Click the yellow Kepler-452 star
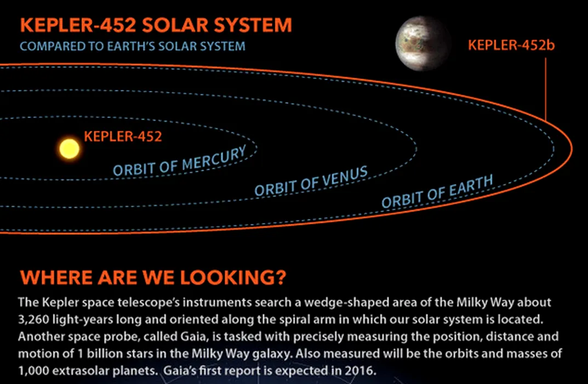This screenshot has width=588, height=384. [70, 149]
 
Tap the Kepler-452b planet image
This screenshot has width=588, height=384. [423, 43]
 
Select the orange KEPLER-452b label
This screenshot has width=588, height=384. [511, 45]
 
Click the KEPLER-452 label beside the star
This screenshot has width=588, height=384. [123, 136]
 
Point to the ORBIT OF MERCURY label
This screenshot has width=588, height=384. [180, 161]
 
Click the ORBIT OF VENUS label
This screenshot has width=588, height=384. [311, 181]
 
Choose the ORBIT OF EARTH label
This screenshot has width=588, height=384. [437, 192]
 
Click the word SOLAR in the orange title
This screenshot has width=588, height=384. [175, 25]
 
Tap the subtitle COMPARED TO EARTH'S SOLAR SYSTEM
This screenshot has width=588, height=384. [133, 46]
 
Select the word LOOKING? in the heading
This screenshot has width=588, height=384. [233, 278]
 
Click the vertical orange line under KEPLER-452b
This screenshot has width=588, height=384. [545, 89]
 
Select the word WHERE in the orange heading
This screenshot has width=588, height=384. [56, 278]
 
